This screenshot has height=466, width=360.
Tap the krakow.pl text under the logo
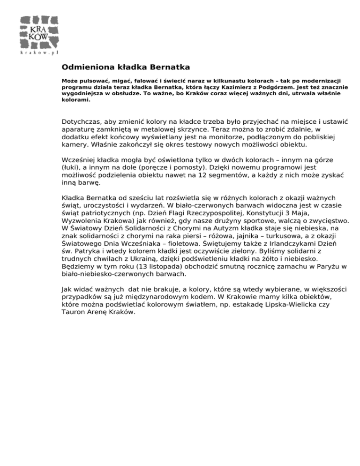point(39,53)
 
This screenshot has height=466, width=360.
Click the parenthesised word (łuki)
point(70,167)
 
